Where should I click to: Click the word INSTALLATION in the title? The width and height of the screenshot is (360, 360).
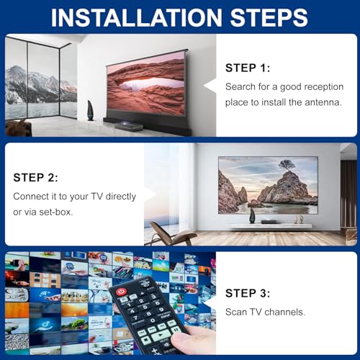point(136,17)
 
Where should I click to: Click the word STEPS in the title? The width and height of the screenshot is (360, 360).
point(269,17)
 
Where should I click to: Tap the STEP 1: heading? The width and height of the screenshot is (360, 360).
point(248,68)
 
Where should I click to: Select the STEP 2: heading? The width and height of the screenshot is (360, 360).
point(35,178)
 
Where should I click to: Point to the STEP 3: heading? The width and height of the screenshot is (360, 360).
point(248,293)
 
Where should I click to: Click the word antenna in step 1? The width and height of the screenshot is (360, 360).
point(323,102)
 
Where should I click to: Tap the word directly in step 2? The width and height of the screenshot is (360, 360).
point(121,197)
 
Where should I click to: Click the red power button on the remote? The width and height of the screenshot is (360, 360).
point(122,292)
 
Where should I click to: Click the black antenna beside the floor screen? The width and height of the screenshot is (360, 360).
point(91,110)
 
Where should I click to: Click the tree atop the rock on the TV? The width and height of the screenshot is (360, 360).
point(287,165)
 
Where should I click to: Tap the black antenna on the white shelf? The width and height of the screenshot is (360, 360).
point(252,216)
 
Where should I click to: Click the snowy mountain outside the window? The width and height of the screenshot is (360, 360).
point(41,84)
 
